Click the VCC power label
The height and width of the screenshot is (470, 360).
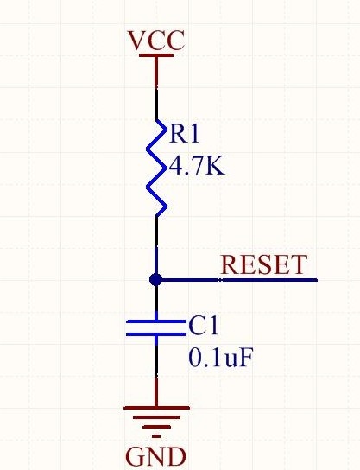(156, 41)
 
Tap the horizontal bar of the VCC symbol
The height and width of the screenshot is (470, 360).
(156, 55)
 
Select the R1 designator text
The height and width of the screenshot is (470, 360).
(184, 134)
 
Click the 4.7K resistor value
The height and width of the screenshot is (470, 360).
(197, 167)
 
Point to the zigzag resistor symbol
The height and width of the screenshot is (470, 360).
(156, 168)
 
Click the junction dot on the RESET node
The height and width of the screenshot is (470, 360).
(155, 280)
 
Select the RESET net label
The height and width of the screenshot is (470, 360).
(264, 264)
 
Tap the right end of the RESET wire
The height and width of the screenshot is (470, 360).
(317, 280)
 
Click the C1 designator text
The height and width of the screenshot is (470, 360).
(203, 326)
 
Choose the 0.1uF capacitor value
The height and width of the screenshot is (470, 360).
(221, 358)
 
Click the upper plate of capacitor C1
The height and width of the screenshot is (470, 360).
(156, 321)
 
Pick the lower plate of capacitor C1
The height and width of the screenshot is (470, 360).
(156, 334)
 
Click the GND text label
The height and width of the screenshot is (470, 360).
(155, 457)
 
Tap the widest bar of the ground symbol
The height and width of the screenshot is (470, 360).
(156, 408)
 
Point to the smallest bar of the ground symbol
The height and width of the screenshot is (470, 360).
(156, 436)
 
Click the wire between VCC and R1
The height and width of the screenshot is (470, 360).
(156, 87)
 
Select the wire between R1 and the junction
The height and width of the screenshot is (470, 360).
(156, 245)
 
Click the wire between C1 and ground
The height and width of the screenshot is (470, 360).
(156, 372)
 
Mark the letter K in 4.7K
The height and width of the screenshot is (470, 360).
(213, 167)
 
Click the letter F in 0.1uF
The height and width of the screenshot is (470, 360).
(245, 358)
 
